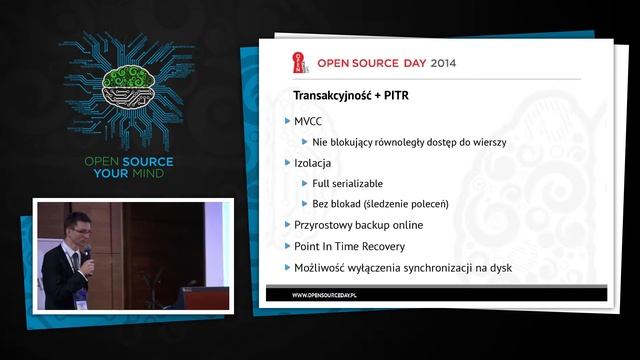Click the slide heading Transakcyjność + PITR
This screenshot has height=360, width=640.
coord(349,97)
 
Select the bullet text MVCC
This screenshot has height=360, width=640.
coord(308,121)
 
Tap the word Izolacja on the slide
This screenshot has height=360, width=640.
coord(313,162)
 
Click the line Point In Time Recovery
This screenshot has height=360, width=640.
coord(349,246)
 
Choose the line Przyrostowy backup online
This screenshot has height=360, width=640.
coord(358,225)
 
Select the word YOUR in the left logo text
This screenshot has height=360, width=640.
coord(103,173)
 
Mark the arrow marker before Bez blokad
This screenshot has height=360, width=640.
coord(304,204)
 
